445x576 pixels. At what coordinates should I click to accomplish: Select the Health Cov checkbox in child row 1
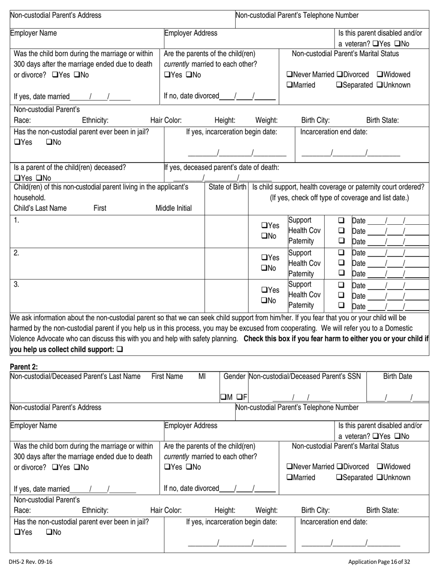pos(341,230)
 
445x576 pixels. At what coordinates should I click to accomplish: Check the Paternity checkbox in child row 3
pos(341,305)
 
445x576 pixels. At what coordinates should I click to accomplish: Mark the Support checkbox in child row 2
pos(341,253)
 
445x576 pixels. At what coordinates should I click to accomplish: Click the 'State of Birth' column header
pos(227,187)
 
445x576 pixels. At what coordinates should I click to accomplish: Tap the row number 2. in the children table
pos(16,253)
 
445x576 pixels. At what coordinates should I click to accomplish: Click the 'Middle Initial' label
pos(173,208)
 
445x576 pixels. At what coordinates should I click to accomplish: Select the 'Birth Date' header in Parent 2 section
pos(398,376)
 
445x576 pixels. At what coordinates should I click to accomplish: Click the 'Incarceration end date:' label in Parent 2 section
pos(334,522)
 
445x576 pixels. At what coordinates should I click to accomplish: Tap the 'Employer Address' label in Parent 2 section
pos(190,426)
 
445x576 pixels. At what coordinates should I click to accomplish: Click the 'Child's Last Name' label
pos(40,208)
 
